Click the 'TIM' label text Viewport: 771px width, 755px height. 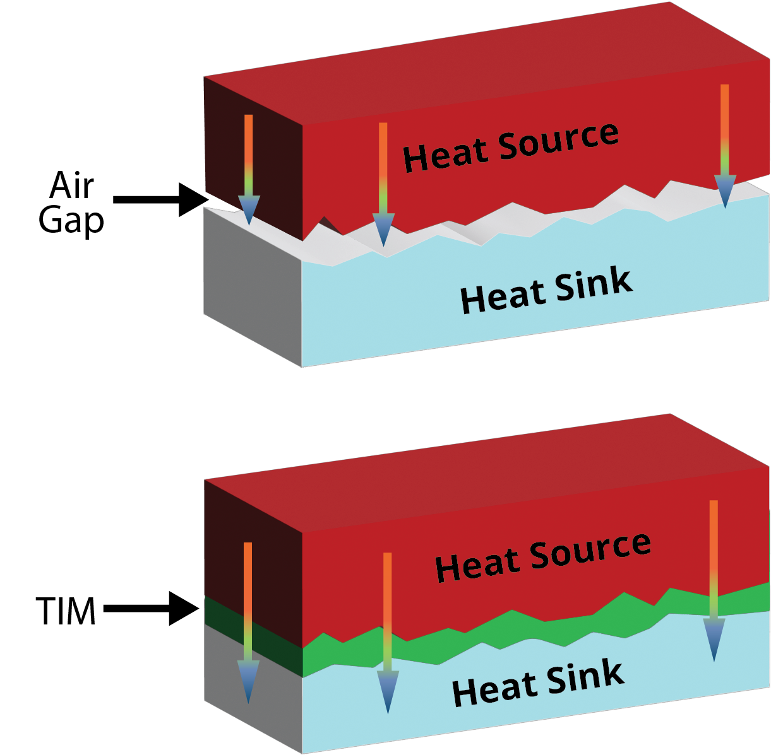[x=66, y=611]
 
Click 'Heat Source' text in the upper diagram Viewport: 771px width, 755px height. [x=510, y=147]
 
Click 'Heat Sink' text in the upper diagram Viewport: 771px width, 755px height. [x=546, y=291]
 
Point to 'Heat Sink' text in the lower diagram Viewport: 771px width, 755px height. [x=538, y=683]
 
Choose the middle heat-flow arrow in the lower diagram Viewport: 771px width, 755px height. [x=388, y=631]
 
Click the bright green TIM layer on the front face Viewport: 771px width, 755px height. [x=505, y=631]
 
